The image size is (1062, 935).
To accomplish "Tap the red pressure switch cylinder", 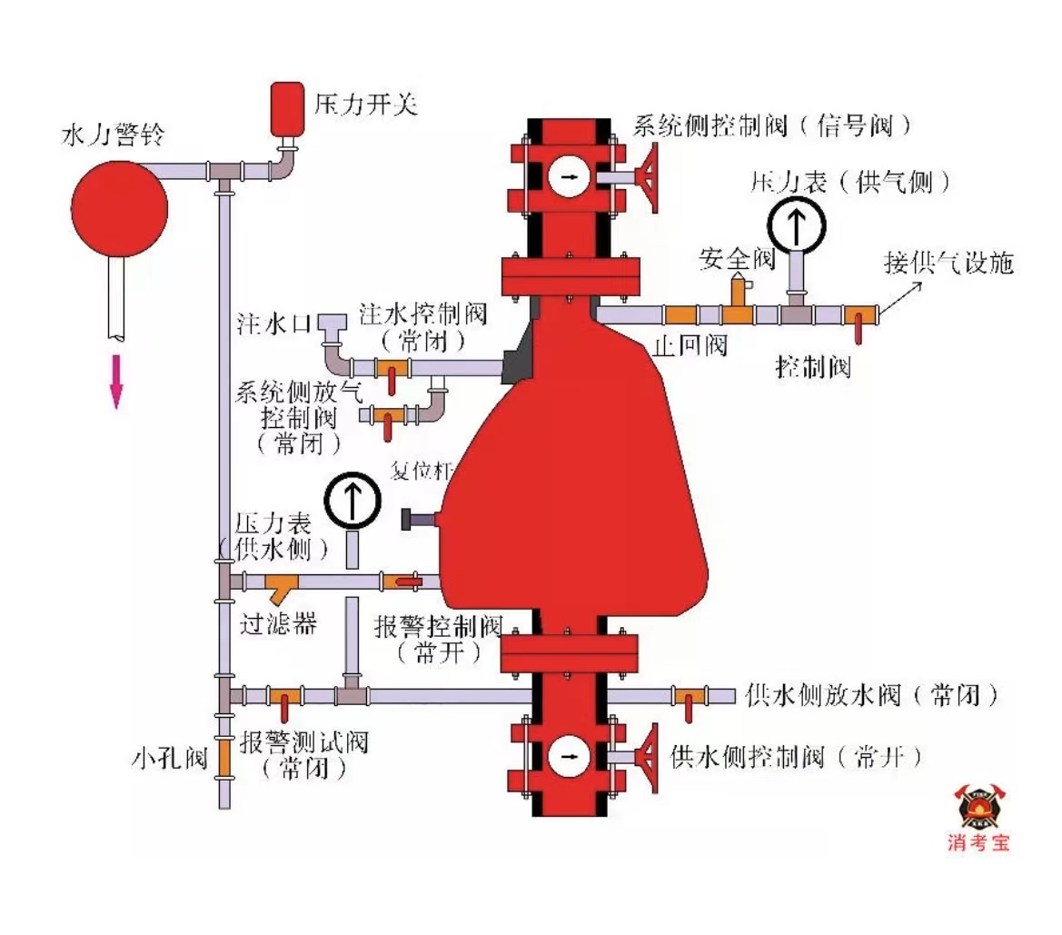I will click(x=287, y=108).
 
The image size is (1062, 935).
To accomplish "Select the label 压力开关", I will click(x=365, y=105).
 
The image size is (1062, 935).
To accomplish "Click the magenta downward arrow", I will click(x=116, y=381).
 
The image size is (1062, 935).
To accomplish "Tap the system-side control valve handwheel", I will click(x=650, y=178).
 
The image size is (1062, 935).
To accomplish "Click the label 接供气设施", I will click(x=948, y=264).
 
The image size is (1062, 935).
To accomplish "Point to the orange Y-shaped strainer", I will click(x=282, y=587).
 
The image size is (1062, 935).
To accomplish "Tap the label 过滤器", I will click(x=278, y=624).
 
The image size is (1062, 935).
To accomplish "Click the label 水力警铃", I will click(x=113, y=137).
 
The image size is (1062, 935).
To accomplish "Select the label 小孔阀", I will click(x=170, y=757).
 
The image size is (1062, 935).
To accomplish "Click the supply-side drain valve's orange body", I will click(x=688, y=696).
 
